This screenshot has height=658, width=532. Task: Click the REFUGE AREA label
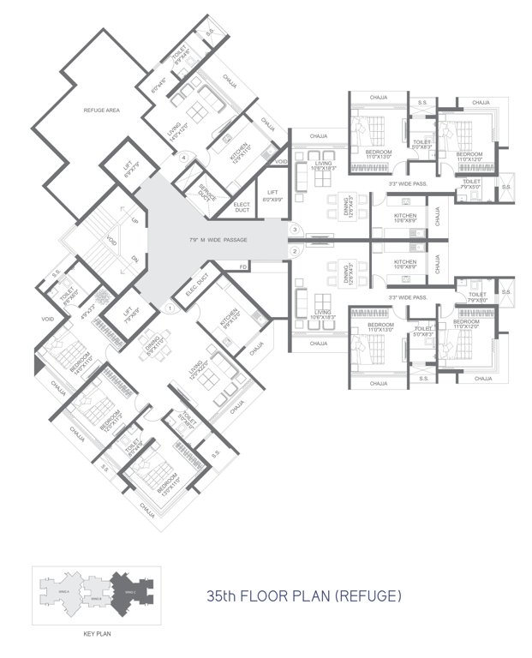(x=100, y=111)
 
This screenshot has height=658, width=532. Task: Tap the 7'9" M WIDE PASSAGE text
(x=218, y=240)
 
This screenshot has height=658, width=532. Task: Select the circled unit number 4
(x=182, y=157)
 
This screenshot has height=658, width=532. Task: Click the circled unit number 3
(x=295, y=230)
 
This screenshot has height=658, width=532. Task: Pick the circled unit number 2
(x=295, y=251)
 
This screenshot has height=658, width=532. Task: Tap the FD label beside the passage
(x=244, y=268)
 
